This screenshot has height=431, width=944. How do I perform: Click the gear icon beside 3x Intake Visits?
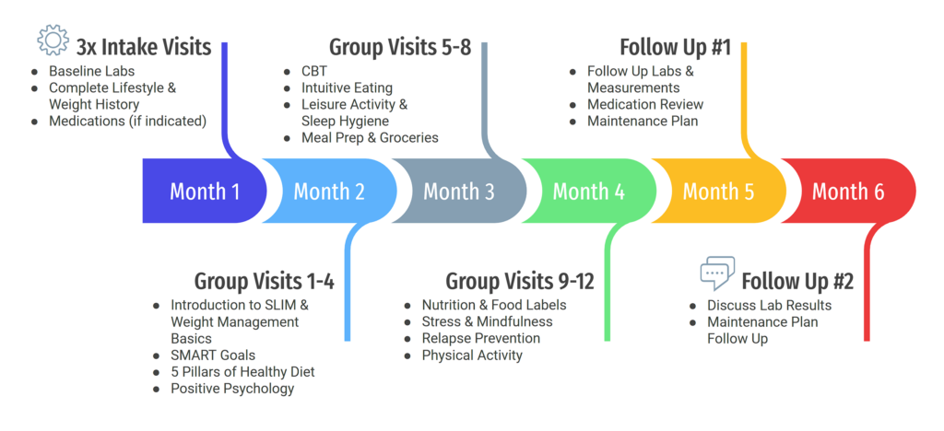coord(53,41)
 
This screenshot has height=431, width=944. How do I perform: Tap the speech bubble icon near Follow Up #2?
coord(717,274)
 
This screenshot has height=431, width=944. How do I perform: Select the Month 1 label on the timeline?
coord(205,192)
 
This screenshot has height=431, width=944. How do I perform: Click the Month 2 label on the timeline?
coord(329,192)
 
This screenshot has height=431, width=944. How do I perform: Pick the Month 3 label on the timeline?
coord(459,192)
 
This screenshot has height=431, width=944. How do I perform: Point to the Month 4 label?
coord(589,192)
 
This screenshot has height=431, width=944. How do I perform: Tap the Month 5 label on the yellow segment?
coord(718,192)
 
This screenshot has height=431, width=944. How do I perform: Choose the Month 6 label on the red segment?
coord(848,192)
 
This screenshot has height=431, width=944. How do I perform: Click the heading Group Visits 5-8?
coord(400,47)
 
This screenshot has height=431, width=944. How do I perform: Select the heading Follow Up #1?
coord(676,47)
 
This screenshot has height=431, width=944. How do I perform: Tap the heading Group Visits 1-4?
coord(264,281)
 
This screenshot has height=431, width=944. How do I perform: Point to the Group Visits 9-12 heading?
coord(520,281)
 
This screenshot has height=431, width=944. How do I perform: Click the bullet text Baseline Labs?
coord(91,71)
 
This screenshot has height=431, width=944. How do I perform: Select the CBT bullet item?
coord(314,71)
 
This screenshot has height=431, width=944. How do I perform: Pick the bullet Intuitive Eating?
coord(347,87)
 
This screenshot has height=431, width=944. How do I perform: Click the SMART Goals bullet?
coord(213,355)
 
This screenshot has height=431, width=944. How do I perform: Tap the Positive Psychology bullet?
coord(232,389)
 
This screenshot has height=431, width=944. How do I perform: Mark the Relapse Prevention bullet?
coord(481,338)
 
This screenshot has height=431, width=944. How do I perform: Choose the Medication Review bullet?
coord(645,105)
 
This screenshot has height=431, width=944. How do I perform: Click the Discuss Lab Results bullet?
coord(770,306)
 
